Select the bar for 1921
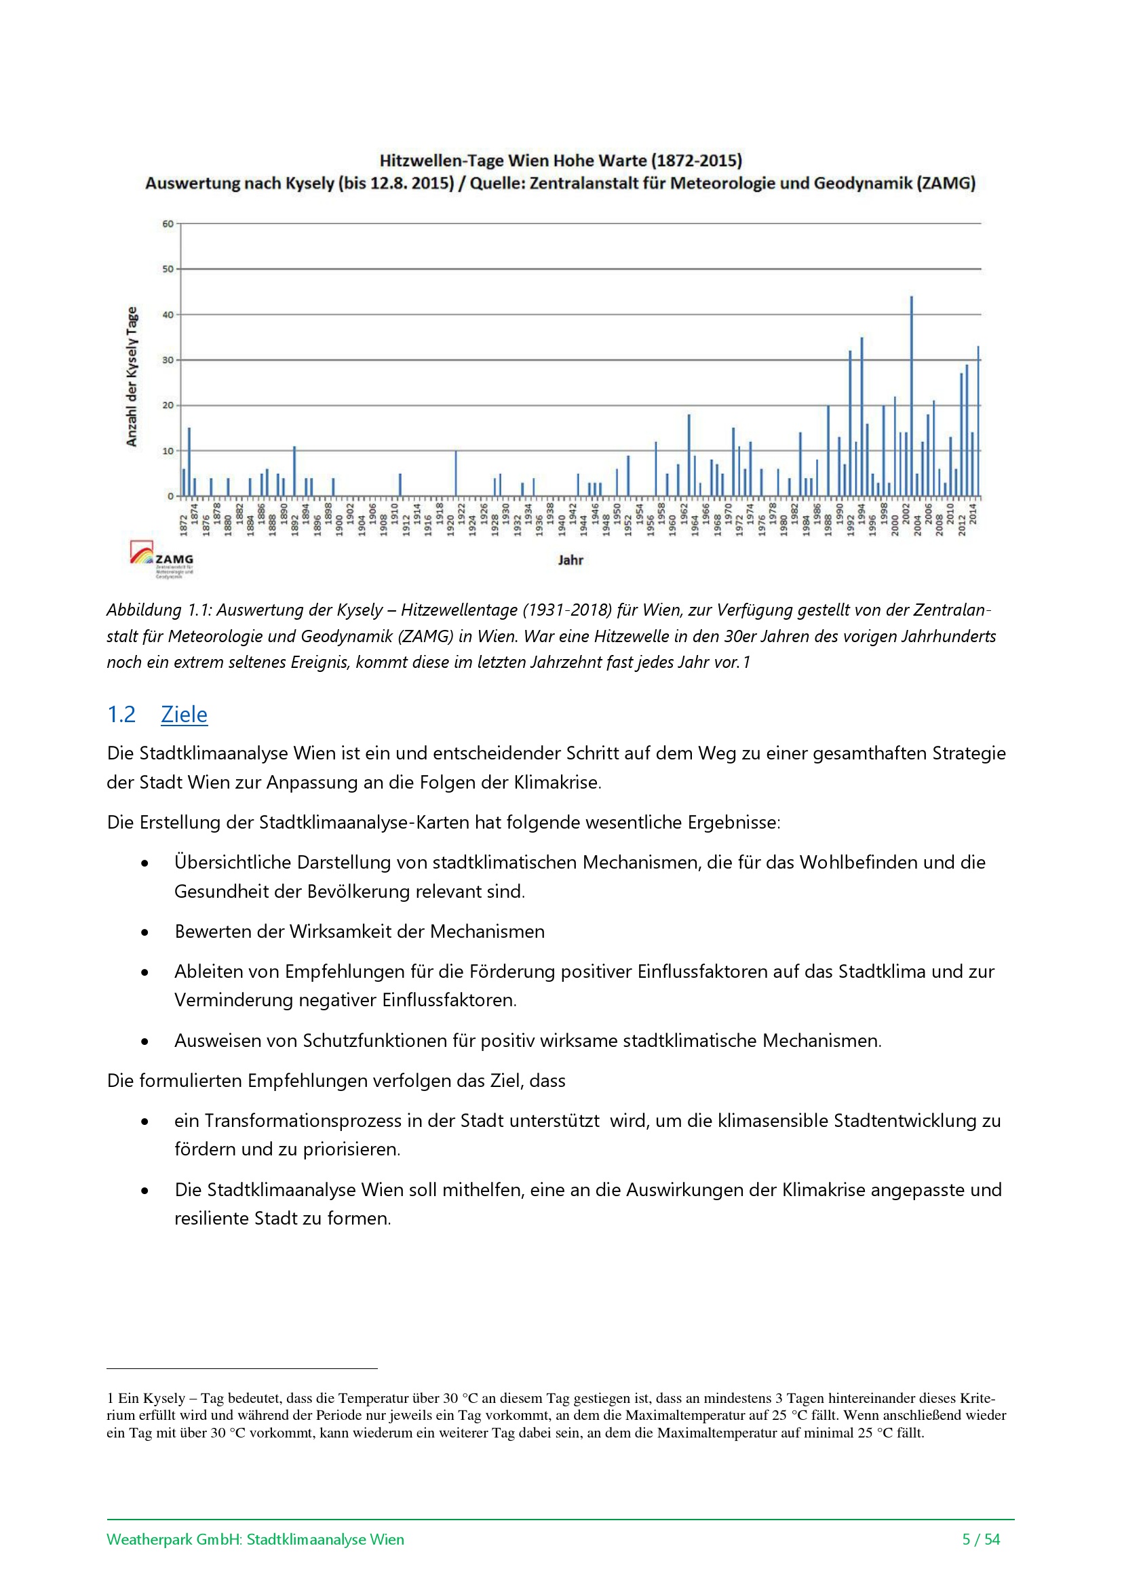click(x=455, y=474)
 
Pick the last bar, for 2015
click(x=978, y=421)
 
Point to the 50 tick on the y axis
click(x=168, y=269)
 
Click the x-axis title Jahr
click(x=570, y=560)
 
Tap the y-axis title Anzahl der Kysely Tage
click(x=132, y=376)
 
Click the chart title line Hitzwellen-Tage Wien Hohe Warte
click(x=560, y=160)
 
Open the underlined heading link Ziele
click(x=184, y=714)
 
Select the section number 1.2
click(x=121, y=714)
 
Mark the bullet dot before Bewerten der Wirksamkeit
click(x=144, y=932)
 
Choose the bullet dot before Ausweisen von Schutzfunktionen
click(x=144, y=1041)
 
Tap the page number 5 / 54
click(x=981, y=1539)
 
